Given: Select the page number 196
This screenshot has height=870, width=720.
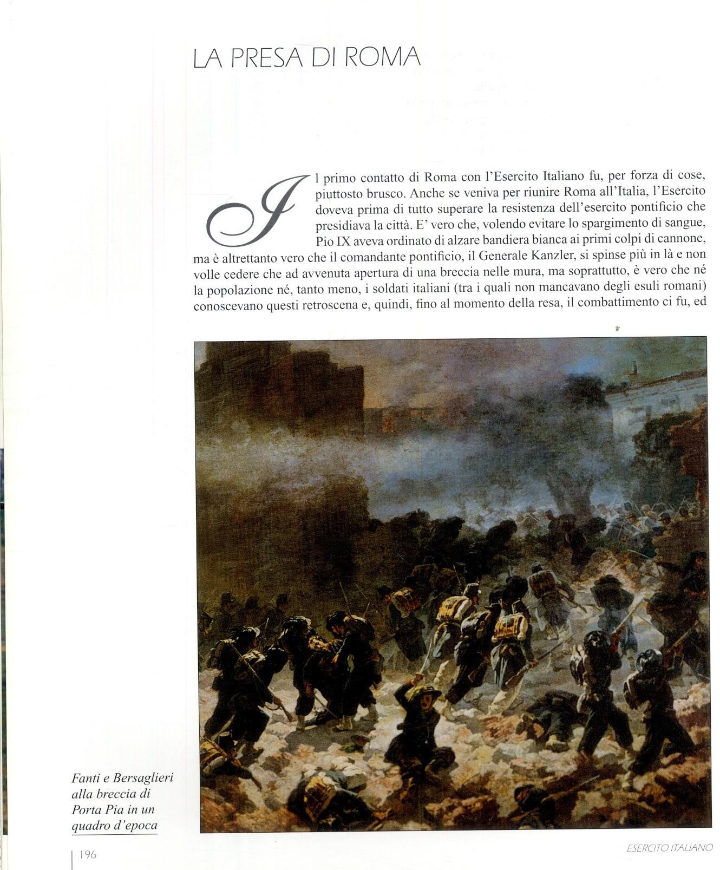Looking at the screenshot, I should tap(88, 855).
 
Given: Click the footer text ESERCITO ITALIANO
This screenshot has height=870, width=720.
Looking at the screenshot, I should tap(670, 848).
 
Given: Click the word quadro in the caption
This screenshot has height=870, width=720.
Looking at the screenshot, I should tap(91, 826).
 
